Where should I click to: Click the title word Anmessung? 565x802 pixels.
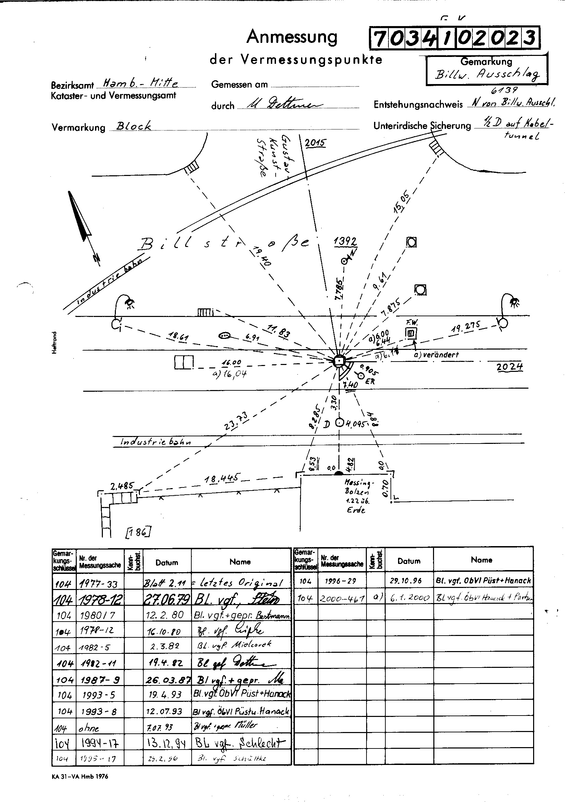click(292, 37)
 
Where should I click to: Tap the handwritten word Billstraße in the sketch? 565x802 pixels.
click(224, 243)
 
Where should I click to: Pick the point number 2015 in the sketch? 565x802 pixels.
click(315, 143)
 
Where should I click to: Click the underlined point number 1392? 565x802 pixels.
click(345, 241)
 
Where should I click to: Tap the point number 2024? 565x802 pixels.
click(509, 366)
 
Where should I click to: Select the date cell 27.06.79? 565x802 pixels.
click(167, 599)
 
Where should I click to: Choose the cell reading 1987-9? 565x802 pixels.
click(99, 680)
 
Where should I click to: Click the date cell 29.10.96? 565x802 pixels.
click(409, 580)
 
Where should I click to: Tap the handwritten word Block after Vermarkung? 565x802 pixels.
click(134, 126)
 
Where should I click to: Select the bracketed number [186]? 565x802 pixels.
click(138, 532)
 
